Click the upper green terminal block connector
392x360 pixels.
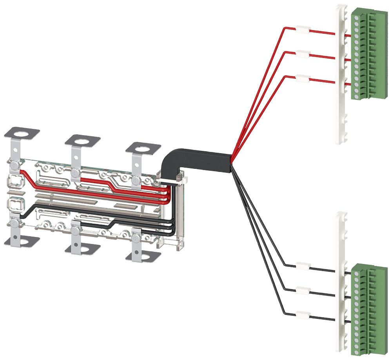(363, 55)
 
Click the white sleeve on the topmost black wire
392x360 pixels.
(303, 266)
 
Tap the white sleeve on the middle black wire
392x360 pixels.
(303, 291)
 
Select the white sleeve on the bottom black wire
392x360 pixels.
(303, 315)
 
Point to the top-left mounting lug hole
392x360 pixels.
(23, 132)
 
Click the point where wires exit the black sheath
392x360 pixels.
(231, 163)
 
